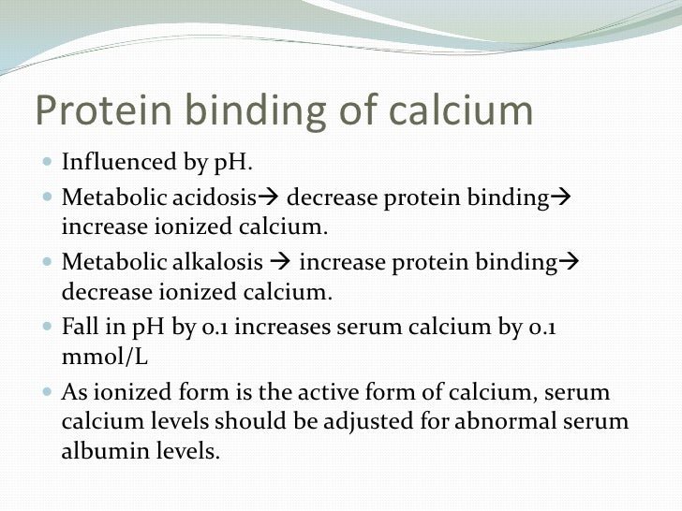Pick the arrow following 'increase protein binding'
coord(568,263)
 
